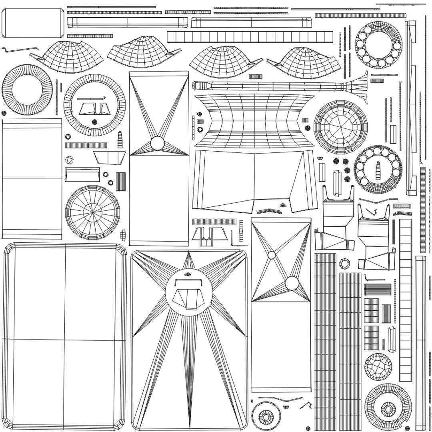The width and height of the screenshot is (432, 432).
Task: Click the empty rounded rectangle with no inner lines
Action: point(33,23)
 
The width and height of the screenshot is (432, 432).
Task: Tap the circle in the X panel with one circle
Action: point(157,142)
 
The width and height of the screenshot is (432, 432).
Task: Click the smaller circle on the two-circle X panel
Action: point(272,255)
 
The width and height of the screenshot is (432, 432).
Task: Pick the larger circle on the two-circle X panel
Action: point(292,283)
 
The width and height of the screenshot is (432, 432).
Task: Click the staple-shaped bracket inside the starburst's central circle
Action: point(189,282)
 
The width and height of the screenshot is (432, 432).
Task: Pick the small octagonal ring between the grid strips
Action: point(344,264)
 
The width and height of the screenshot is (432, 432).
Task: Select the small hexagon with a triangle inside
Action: point(70,160)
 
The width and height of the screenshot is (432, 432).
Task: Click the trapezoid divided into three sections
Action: point(109,157)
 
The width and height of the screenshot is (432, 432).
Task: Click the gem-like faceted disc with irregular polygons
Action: point(378,367)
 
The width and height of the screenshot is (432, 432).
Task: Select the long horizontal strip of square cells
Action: point(250,37)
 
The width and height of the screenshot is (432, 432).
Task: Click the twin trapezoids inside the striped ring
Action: point(95,108)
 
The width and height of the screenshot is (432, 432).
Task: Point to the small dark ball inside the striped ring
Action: point(95,122)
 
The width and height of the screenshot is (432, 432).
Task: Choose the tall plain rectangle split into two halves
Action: point(32,178)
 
